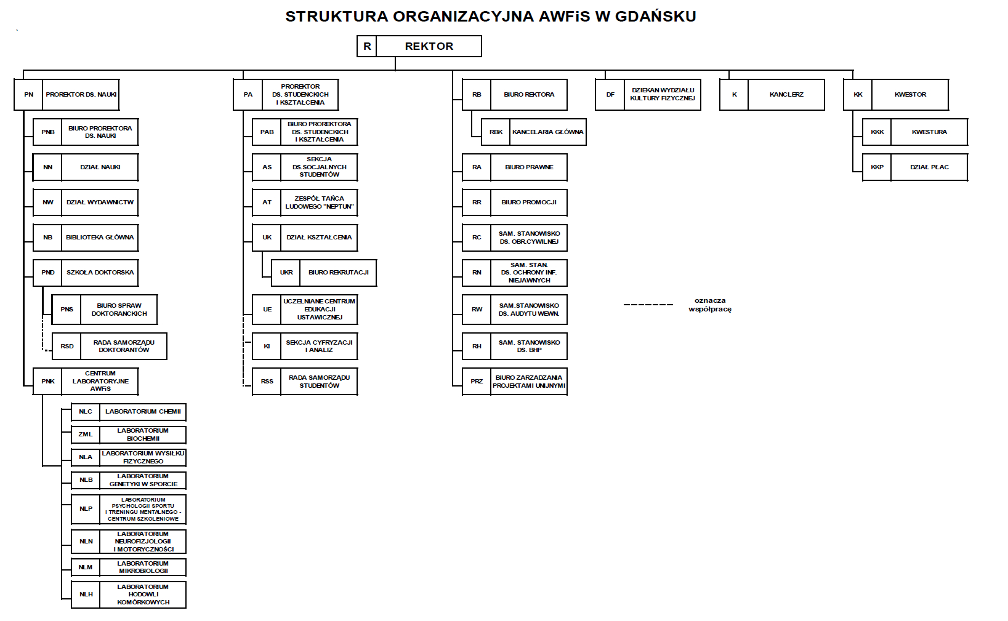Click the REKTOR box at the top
coord(429,46)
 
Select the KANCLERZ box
coord(786,95)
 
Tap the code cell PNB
coord(48,132)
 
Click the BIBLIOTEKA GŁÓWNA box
coord(100,238)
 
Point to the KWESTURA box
coord(929,132)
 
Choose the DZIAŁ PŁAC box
coord(929,167)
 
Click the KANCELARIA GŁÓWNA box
coord(547,132)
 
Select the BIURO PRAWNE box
coord(529,167)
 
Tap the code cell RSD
coord(67,347)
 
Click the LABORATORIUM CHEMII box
coord(143,412)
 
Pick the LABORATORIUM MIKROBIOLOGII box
coord(143,567)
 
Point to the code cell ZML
coord(86,435)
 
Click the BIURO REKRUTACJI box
coord(338,273)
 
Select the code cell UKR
coord(286,273)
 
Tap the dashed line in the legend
coord(648,305)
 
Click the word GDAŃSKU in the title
coord(655,17)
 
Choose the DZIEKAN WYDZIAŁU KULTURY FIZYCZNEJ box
coord(663,95)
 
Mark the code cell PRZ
coord(477,382)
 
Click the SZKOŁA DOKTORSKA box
coord(100,273)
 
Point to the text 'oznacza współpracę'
coord(710,305)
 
